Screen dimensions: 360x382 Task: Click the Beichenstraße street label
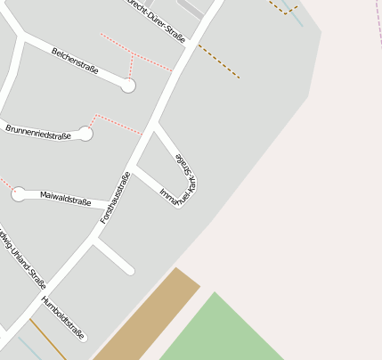(75, 61)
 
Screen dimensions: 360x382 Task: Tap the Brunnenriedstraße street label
(37, 131)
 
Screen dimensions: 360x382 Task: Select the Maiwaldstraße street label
(66, 198)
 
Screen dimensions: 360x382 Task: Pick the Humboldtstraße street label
(63, 318)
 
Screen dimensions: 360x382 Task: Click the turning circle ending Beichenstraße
(128, 86)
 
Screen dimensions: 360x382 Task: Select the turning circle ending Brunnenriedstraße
(85, 134)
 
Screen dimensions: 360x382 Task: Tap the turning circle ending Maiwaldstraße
(19, 193)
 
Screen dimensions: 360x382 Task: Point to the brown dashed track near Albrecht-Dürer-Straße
(219, 61)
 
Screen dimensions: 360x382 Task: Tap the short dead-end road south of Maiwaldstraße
(115, 255)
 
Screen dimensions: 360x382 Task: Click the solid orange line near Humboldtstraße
(48, 339)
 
